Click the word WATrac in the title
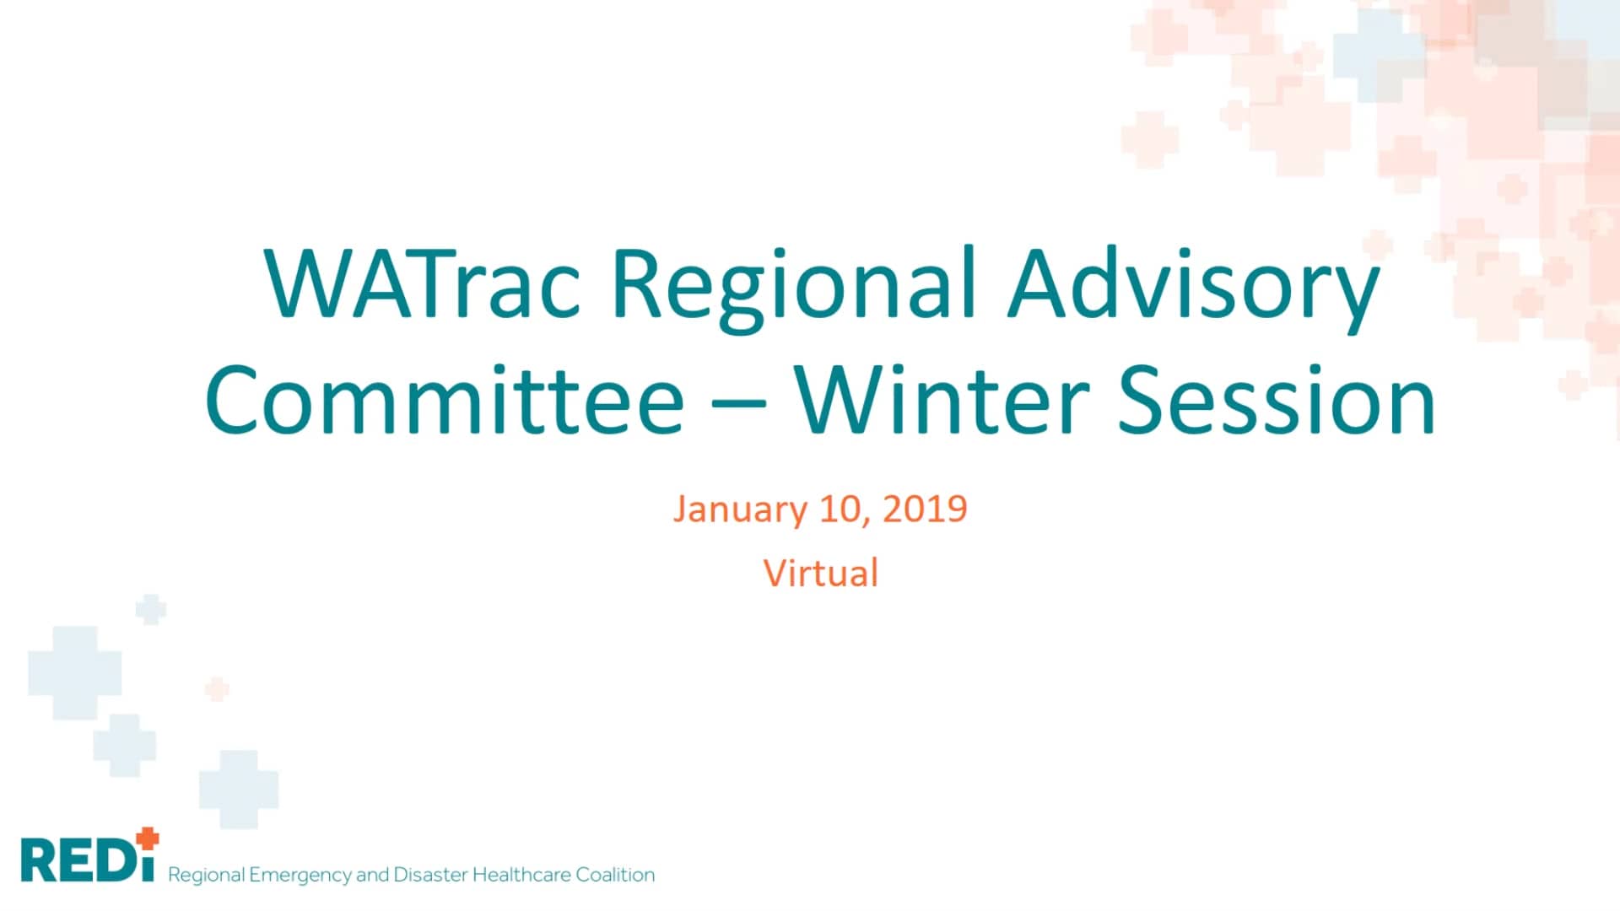click(422, 284)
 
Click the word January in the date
click(740, 509)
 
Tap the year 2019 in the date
click(925, 509)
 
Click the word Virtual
click(821, 574)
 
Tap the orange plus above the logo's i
click(148, 838)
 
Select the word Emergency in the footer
click(300, 875)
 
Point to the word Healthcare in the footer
click(521, 875)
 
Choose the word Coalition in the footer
click(615, 875)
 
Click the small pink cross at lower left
click(218, 688)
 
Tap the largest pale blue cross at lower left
click(75, 672)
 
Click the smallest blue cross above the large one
click(151, 609)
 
